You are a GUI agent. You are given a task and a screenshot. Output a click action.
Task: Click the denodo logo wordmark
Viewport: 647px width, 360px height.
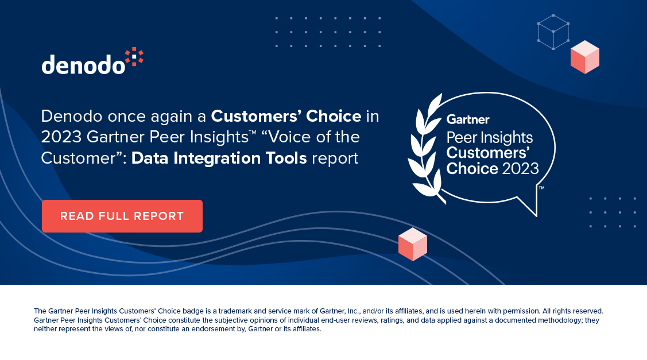tap(83, 64)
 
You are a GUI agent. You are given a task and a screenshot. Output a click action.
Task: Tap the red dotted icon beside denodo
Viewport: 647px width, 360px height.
tap(134, 57)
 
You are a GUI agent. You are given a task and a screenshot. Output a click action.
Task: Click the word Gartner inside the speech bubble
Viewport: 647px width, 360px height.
tap(468, 120)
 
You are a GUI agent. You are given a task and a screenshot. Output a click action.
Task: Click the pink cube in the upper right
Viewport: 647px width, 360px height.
tap(584, 57)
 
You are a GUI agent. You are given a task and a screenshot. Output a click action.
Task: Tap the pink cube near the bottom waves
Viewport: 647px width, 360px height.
tap(412, 244)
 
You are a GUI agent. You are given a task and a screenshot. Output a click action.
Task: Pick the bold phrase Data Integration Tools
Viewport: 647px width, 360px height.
tap(219, 158)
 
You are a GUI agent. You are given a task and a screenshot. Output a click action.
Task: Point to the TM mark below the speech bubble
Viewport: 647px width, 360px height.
tap(541, 187)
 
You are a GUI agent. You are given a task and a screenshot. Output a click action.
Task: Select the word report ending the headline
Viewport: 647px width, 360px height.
tap(335, 158)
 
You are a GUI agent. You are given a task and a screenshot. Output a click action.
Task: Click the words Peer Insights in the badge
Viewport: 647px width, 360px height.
tap(490, 138)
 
